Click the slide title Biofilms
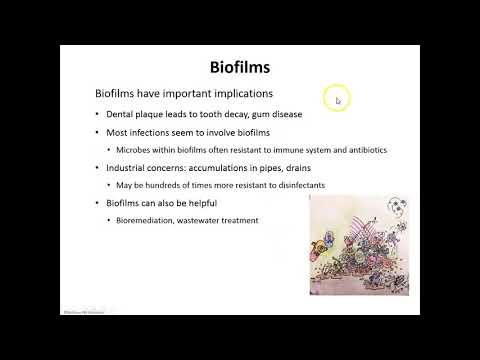click(239, 68)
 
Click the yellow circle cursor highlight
click(336, 98)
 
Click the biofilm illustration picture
click(359, 245)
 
